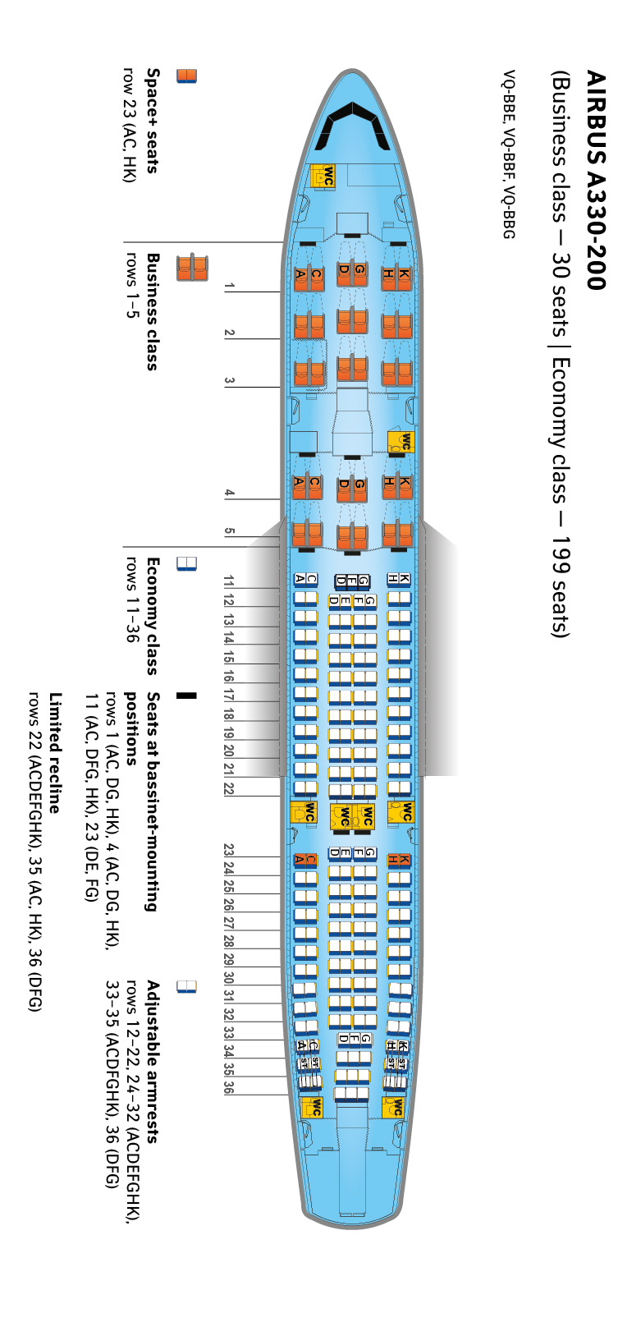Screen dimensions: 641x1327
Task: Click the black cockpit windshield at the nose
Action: click(356, 124)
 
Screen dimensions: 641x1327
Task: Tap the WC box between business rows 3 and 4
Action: click(401, 442)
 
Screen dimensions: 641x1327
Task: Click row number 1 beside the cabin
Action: click(230, 286)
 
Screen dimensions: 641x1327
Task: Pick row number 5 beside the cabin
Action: click(230, 530)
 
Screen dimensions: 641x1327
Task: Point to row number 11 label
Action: click(229, 581)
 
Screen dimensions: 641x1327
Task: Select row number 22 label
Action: click(229, 788)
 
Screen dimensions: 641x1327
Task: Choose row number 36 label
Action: click(229, 1089)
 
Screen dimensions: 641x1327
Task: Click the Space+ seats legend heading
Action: click(152, 121)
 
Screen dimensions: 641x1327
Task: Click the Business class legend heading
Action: click(152, 311)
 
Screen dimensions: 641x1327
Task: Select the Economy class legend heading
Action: click(152, 615)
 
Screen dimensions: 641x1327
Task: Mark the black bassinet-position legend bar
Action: click(187, 696)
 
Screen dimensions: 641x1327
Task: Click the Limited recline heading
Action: click(55, 752)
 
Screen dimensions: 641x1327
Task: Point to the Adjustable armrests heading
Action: click(153, 1060)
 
